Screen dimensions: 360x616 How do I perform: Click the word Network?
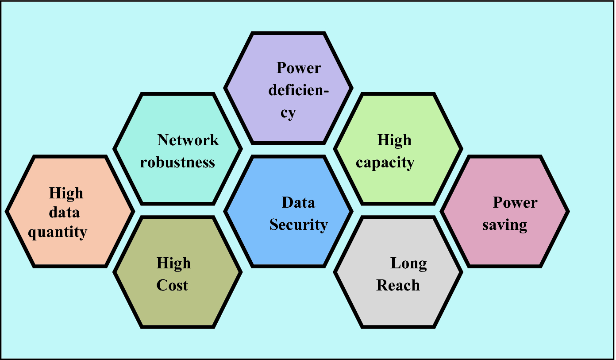coord(188,140)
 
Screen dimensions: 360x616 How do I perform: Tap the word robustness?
coord(178,163)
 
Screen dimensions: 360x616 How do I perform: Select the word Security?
coord(299,225)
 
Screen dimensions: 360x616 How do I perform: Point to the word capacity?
coord(385,163)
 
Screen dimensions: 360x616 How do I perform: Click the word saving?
coord(505,225)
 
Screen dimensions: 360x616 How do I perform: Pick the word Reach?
coord(398,286)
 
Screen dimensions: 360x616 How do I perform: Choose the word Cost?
coord(173,286)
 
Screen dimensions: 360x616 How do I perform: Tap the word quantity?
coord(58,232)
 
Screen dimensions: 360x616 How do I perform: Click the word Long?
coord(408,263)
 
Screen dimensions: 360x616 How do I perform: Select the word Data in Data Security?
coord(299,203)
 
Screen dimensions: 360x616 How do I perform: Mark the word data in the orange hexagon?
coord(64,213)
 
